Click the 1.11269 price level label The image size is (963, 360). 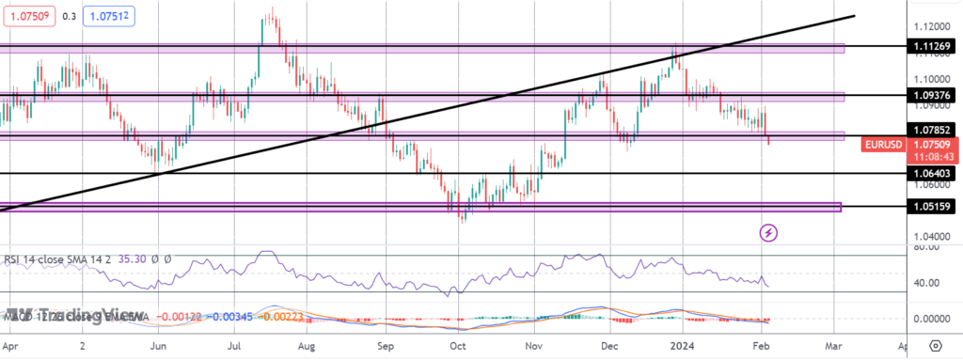931,45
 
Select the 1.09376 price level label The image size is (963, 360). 931,95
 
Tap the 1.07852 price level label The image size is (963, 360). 931,130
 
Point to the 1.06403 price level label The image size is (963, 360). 931,174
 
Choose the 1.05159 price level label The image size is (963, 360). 931,206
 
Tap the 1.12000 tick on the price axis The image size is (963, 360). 930,26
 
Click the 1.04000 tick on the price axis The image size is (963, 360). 930,237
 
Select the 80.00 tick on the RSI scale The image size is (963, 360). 929,249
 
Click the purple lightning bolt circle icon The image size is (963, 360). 768,231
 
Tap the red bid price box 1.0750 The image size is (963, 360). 27,16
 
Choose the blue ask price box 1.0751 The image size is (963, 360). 110,16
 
